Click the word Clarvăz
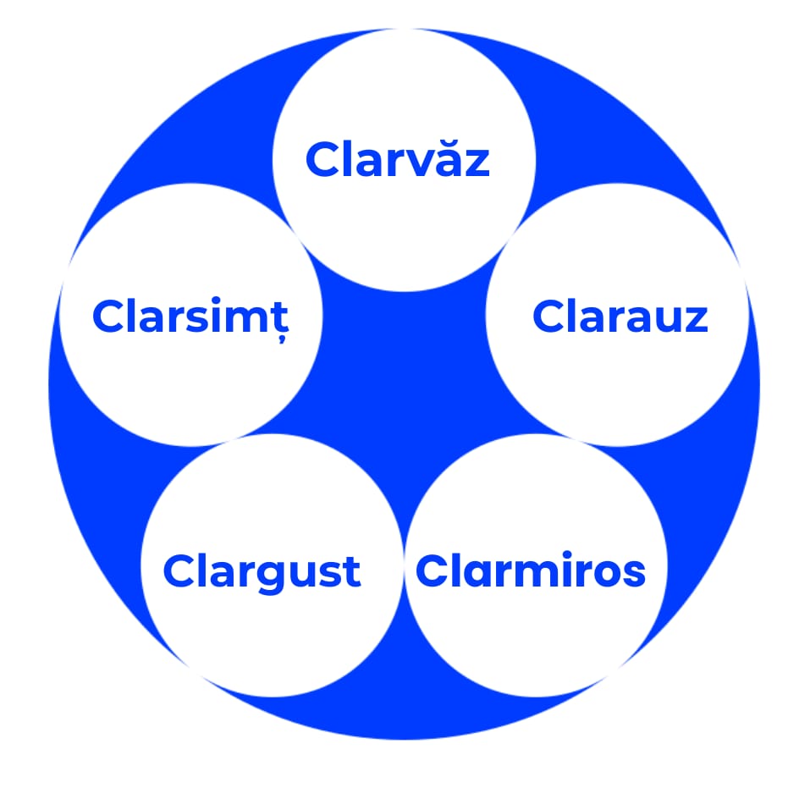tap(398, 159)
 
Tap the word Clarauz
tap(620, 317)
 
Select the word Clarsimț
tap(190, 317)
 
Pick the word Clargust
tap(262, 571)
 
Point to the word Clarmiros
tap(531, 571)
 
